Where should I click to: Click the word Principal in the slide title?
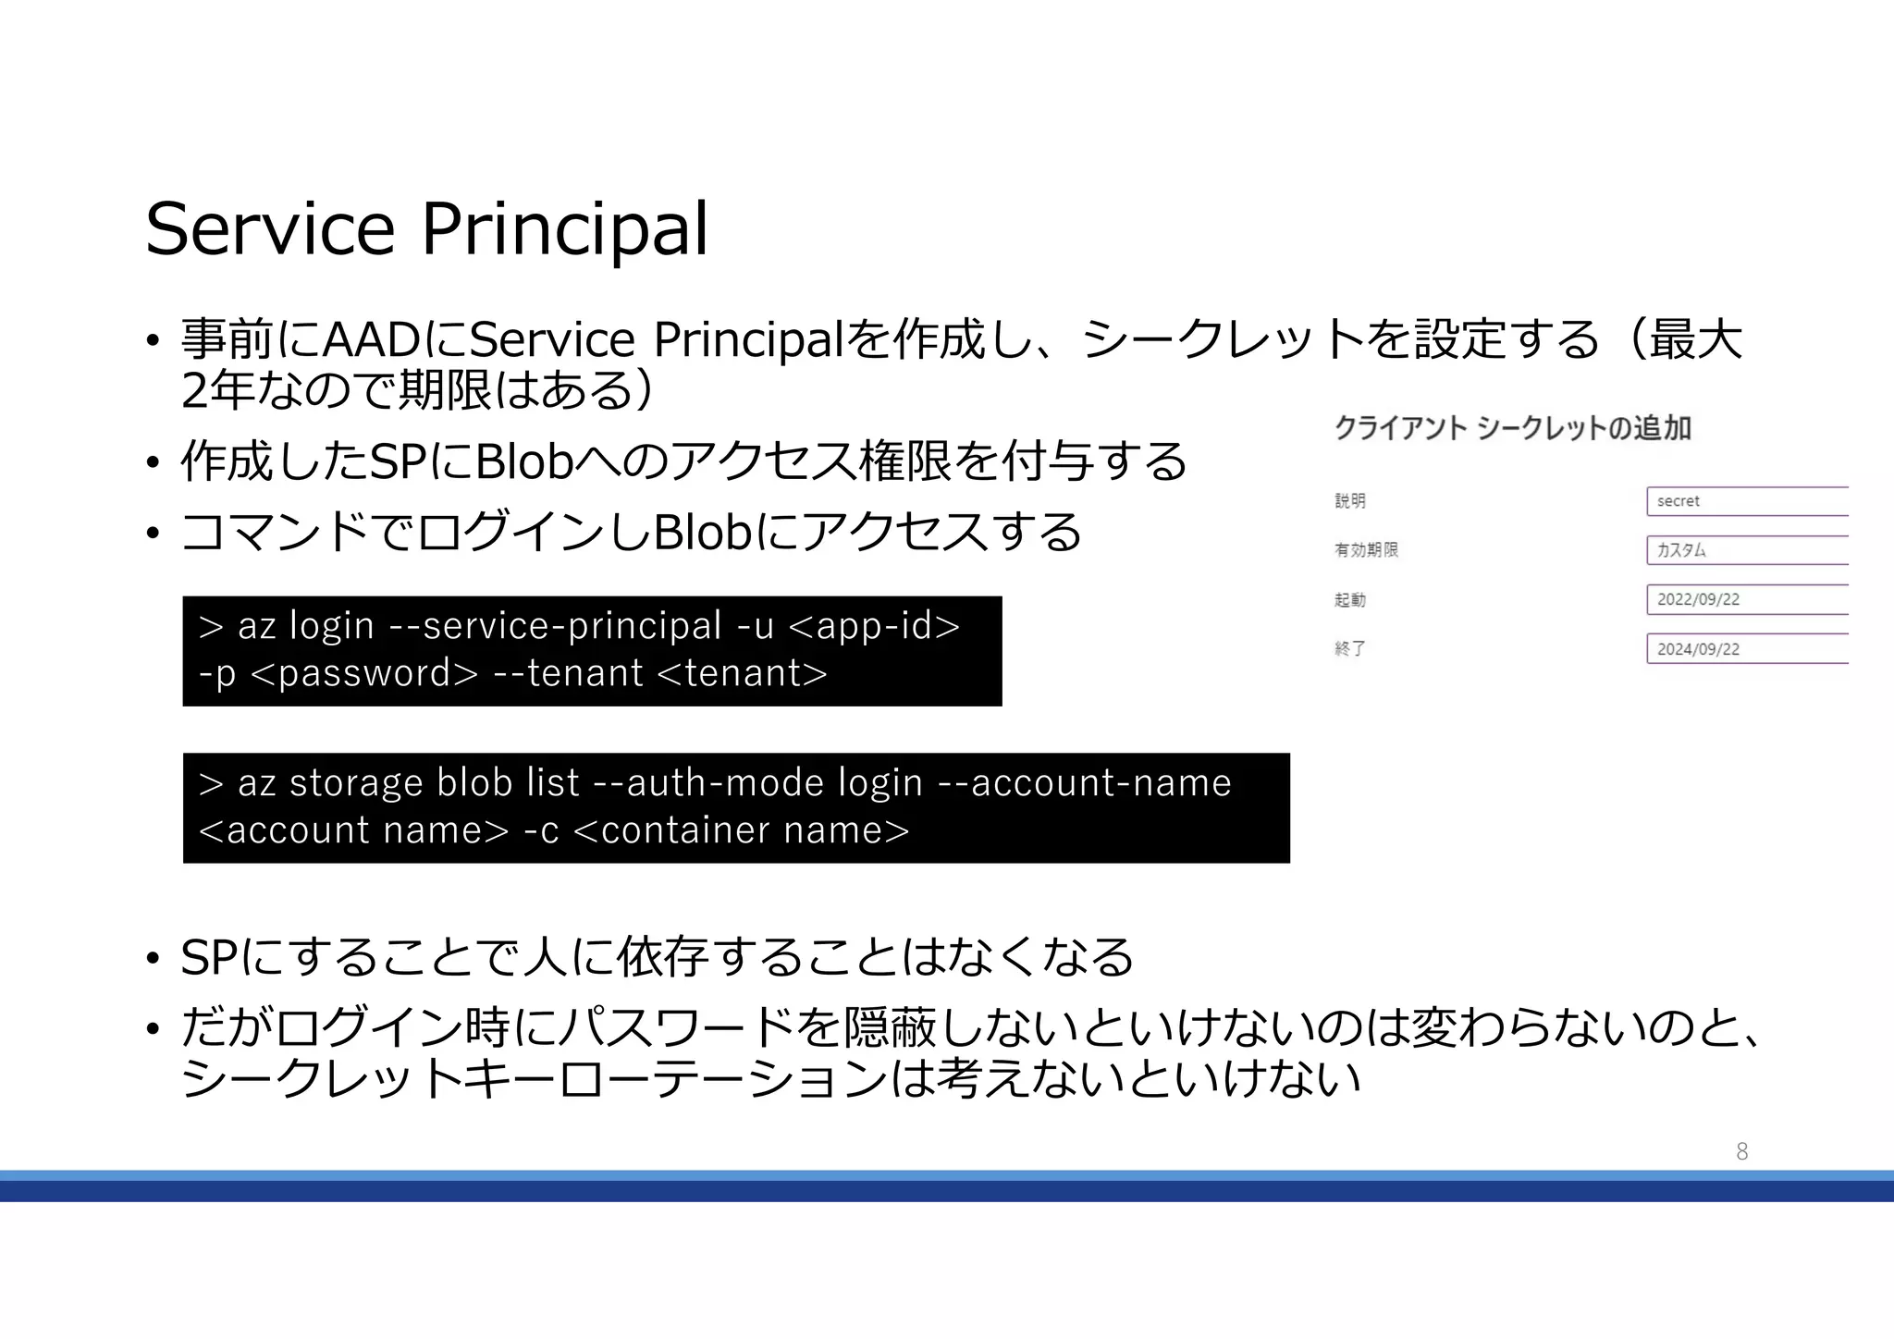pos(565,229)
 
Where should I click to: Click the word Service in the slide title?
pos(270,229)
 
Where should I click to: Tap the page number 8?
pos(1741,1151)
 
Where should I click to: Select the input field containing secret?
pos(1746,501)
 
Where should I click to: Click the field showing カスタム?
pos(1746,550)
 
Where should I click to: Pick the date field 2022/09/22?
pos(1746,599)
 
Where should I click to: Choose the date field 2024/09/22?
pos(1746,649)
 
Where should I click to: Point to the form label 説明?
pos(1350,501)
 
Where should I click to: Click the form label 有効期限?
pos(1366,550)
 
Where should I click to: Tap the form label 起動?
pos(1350,600)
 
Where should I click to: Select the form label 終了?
pos(1350,649)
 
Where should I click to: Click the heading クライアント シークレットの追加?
pos(1513,428)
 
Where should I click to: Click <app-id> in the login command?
pos(875,626)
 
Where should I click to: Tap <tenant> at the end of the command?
pos(742,673)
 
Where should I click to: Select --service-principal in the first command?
pos(555,626)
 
